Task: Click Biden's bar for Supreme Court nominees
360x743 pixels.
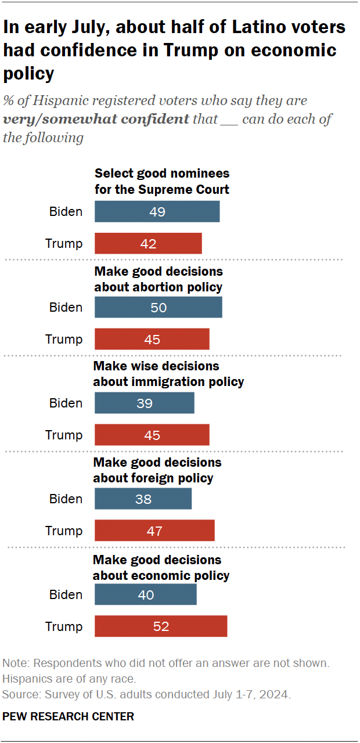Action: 157,212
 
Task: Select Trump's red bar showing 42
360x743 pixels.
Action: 148,244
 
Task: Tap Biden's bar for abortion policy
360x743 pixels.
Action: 158,308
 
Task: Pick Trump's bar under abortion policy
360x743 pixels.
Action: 152,340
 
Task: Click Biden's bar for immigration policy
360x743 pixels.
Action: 144,403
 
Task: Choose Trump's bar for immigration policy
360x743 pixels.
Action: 152,435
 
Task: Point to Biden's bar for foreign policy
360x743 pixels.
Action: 143,499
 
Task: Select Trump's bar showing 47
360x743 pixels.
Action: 154,531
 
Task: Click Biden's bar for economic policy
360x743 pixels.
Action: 145,595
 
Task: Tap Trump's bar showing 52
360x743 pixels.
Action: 161,627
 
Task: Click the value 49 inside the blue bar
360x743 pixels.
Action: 157,212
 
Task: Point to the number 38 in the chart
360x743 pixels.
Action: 143,499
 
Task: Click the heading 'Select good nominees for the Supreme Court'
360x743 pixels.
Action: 162,181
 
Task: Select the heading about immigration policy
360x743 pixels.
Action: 168,374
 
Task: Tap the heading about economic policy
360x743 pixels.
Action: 161,568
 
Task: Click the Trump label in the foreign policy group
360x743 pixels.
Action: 64,531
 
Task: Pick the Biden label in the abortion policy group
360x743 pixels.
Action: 65,308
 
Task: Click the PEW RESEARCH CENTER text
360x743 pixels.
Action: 68,717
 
